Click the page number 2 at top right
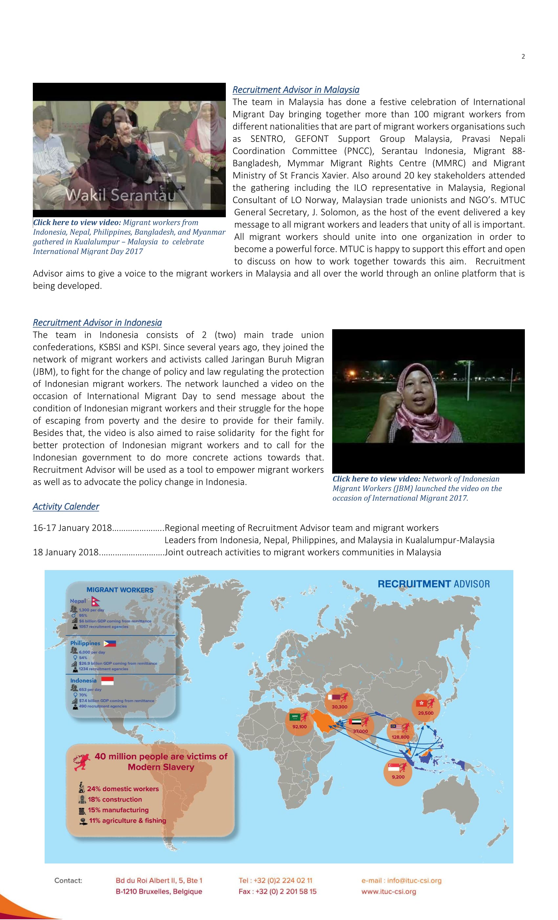pos(523,57)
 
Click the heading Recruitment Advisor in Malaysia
pos(295,90)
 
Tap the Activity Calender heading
pos(66,506)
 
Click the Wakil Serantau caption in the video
pos(120,195)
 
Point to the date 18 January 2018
pos(66,552)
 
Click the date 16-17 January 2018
pos(72,528)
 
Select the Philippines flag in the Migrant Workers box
pos(110,643)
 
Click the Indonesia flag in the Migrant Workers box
pos(107,681)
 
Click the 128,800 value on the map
pos(400,737)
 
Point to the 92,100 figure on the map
pos(299,726)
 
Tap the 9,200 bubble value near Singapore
pos(398,777)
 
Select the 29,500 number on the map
pos(426,713)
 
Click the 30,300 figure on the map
pos(339,707)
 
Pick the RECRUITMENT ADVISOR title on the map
pos(433,584)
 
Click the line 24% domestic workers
pos(123,789)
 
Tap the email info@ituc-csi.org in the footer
pos(401,881)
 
